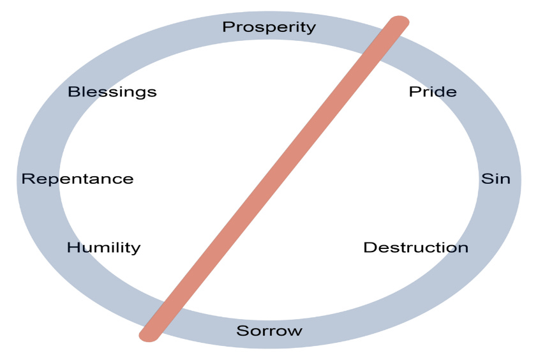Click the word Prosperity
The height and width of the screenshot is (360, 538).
(269, 27)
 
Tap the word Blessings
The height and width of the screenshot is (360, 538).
(112, 92)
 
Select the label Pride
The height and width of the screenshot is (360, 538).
(433, 92)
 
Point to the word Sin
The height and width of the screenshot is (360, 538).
(495, 179)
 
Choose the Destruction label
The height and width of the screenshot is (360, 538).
(415, 247)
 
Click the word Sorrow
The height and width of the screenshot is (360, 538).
(269, 331)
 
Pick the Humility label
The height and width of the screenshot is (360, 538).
(103, 248)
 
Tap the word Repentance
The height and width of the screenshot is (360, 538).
(77, 179)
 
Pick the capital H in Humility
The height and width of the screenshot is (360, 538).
(73, 248)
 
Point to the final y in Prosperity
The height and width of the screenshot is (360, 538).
(311, 29)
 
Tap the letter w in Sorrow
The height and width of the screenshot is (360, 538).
(295, 331)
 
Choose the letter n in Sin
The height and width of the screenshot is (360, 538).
(505, 179)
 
